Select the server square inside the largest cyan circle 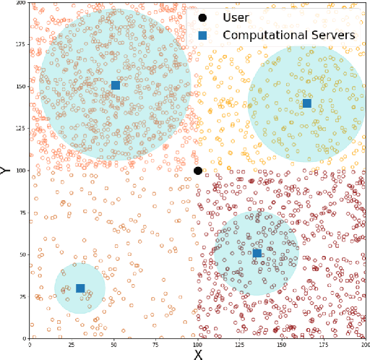point(116,85)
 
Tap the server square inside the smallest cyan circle point(80,288)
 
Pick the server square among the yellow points point(307,103)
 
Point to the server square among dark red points point(257,253)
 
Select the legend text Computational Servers point(289,35)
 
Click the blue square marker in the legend point(202,35)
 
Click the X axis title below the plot point(198,354)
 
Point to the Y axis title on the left point(6,171)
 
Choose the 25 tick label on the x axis point(71,345)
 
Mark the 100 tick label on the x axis point(197,345)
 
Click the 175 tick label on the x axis point(324,345)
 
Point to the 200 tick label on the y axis point(19,3)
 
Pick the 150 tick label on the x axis point(282,345)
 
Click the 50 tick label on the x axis point(113,345)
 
